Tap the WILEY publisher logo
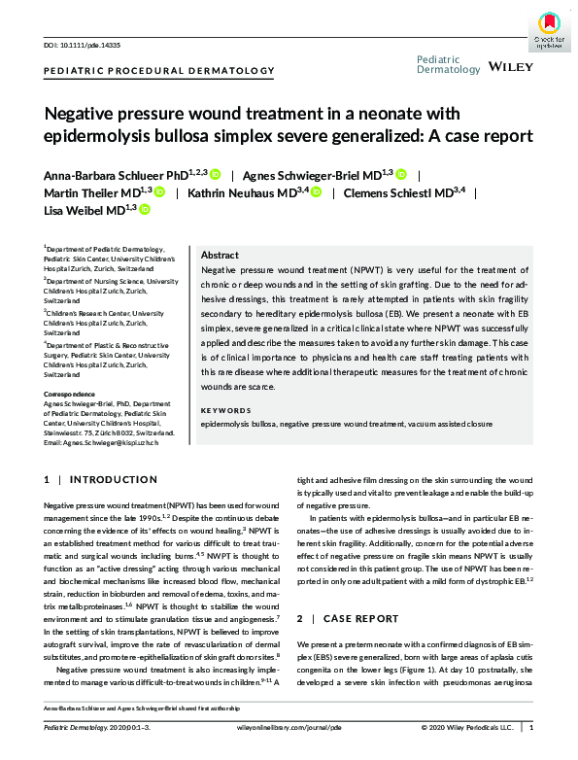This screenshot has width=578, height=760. pyautogui.click(x=510, y=69)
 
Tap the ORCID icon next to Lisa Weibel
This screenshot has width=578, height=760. pyautogui.click(x=144, y=209)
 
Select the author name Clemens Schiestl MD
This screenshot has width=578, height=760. pyautogui.click(x=399, y=192)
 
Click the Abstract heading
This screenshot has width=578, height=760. pyautogui.click(x=219, y=254)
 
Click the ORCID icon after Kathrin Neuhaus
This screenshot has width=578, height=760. pyautogui.click(x=316, y=192)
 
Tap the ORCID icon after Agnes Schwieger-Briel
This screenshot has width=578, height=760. pyautogui.click(x=400, y=175)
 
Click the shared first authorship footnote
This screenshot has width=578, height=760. pyautogui.click(x=141, y=708)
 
